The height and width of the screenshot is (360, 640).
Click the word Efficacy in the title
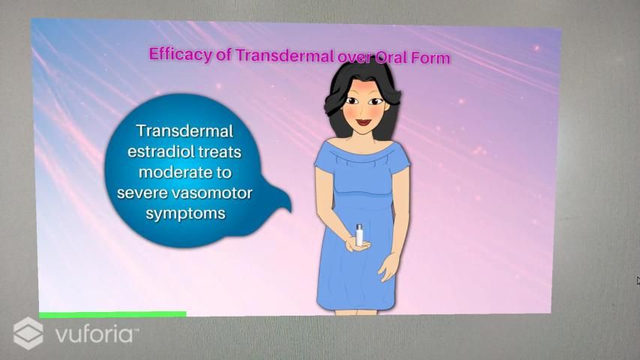point(181,54)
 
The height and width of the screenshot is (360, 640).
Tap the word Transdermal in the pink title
point(285,55)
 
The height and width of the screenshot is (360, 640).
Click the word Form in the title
point(430,58)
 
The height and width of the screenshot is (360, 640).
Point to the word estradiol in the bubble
point(160,151)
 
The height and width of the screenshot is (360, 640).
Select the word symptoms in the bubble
point(185,214)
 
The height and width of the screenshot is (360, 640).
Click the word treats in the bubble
point(219,151)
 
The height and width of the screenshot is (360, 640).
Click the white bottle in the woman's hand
point(359,235)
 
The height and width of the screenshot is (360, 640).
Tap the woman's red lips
point(363,122)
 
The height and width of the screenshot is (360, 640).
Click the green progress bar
point(113,314)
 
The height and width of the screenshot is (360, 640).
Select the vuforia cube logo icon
point(28,333)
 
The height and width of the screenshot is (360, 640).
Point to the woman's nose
point(363,111)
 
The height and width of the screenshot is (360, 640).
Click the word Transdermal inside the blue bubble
point(185,131)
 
